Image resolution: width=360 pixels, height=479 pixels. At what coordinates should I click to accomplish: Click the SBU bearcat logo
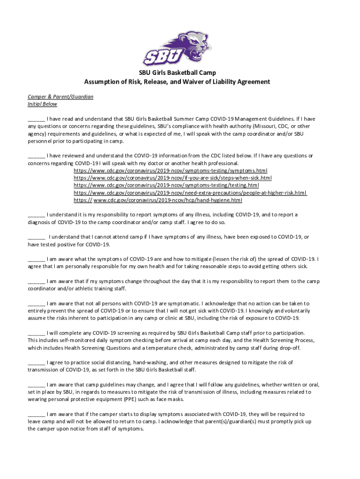tap(177, 48)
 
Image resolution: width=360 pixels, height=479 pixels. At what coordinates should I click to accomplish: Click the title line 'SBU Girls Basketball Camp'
tap(177, 73)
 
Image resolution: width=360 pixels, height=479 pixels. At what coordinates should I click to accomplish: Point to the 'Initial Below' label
tap(42, 104)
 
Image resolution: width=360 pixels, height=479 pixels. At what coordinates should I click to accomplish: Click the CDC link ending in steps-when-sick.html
tap(173, 178)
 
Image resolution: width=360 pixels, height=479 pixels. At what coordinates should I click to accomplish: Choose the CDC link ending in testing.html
tap(166, 186)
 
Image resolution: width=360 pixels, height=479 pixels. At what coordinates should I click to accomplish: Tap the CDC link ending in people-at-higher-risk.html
tap(190, 193)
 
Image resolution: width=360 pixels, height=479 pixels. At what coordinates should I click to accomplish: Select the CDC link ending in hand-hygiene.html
tap(158, 200)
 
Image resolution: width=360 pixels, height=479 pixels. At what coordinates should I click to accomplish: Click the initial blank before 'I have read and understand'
tap(36, 119)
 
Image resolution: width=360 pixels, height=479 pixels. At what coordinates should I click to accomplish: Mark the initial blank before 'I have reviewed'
tap(36, 156)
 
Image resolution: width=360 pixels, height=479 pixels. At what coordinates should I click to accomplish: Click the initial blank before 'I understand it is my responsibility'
tap(36, 215)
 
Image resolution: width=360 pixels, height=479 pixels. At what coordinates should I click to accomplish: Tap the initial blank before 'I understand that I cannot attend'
tap(36, 237)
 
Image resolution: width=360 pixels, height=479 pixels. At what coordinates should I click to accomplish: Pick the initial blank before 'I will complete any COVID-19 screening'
tap(36, 333)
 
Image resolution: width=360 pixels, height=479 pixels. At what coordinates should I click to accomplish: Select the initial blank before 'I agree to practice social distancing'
tap(36, 363)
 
